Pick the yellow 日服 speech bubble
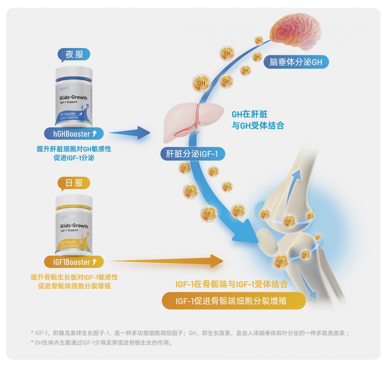tap(74, 183)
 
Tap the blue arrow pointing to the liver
tap(129, 133)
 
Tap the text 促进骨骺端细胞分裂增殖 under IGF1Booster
tap(74, 286)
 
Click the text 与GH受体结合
tap(258, 125)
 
